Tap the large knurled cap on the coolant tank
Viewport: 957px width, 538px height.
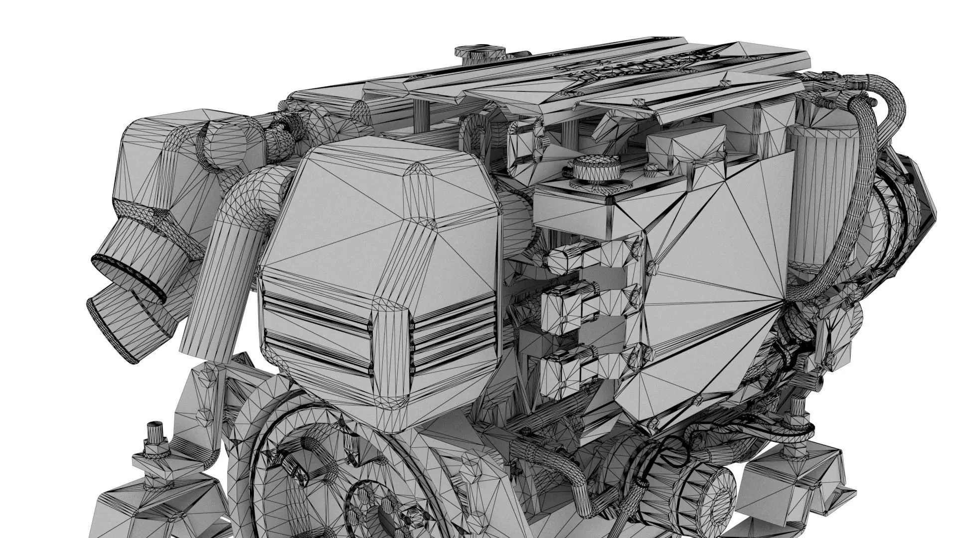tap(596, 168)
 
